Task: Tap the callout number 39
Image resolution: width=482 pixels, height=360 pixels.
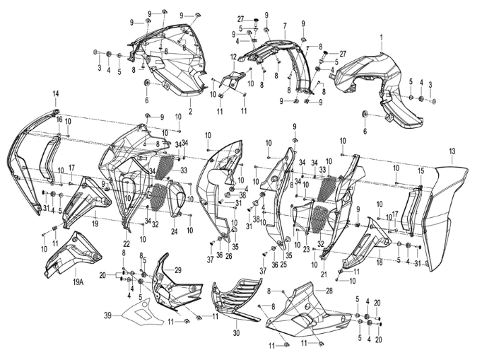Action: pos(107,315)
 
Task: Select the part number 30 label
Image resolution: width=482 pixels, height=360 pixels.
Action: pos(236,332)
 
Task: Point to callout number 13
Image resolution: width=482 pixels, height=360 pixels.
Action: pos(452,151)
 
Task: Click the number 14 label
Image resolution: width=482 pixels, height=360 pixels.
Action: pos(56,94)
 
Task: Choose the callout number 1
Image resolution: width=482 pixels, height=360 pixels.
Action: pos(382,37)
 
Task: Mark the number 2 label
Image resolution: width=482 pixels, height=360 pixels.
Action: pos(190,111)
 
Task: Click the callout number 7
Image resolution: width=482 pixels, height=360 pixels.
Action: pos(285,26)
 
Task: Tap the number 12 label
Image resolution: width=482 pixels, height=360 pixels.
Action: pos(234,57)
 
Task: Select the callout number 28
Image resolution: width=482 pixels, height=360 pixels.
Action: pos(329,291)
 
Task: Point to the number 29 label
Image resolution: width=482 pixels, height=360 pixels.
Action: pos(178,270)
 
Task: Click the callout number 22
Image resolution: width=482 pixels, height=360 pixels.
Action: pos(127,244)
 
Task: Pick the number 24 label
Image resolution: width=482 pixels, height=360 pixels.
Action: pos(175,232)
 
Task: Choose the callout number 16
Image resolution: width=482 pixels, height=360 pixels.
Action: pos(59,120)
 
